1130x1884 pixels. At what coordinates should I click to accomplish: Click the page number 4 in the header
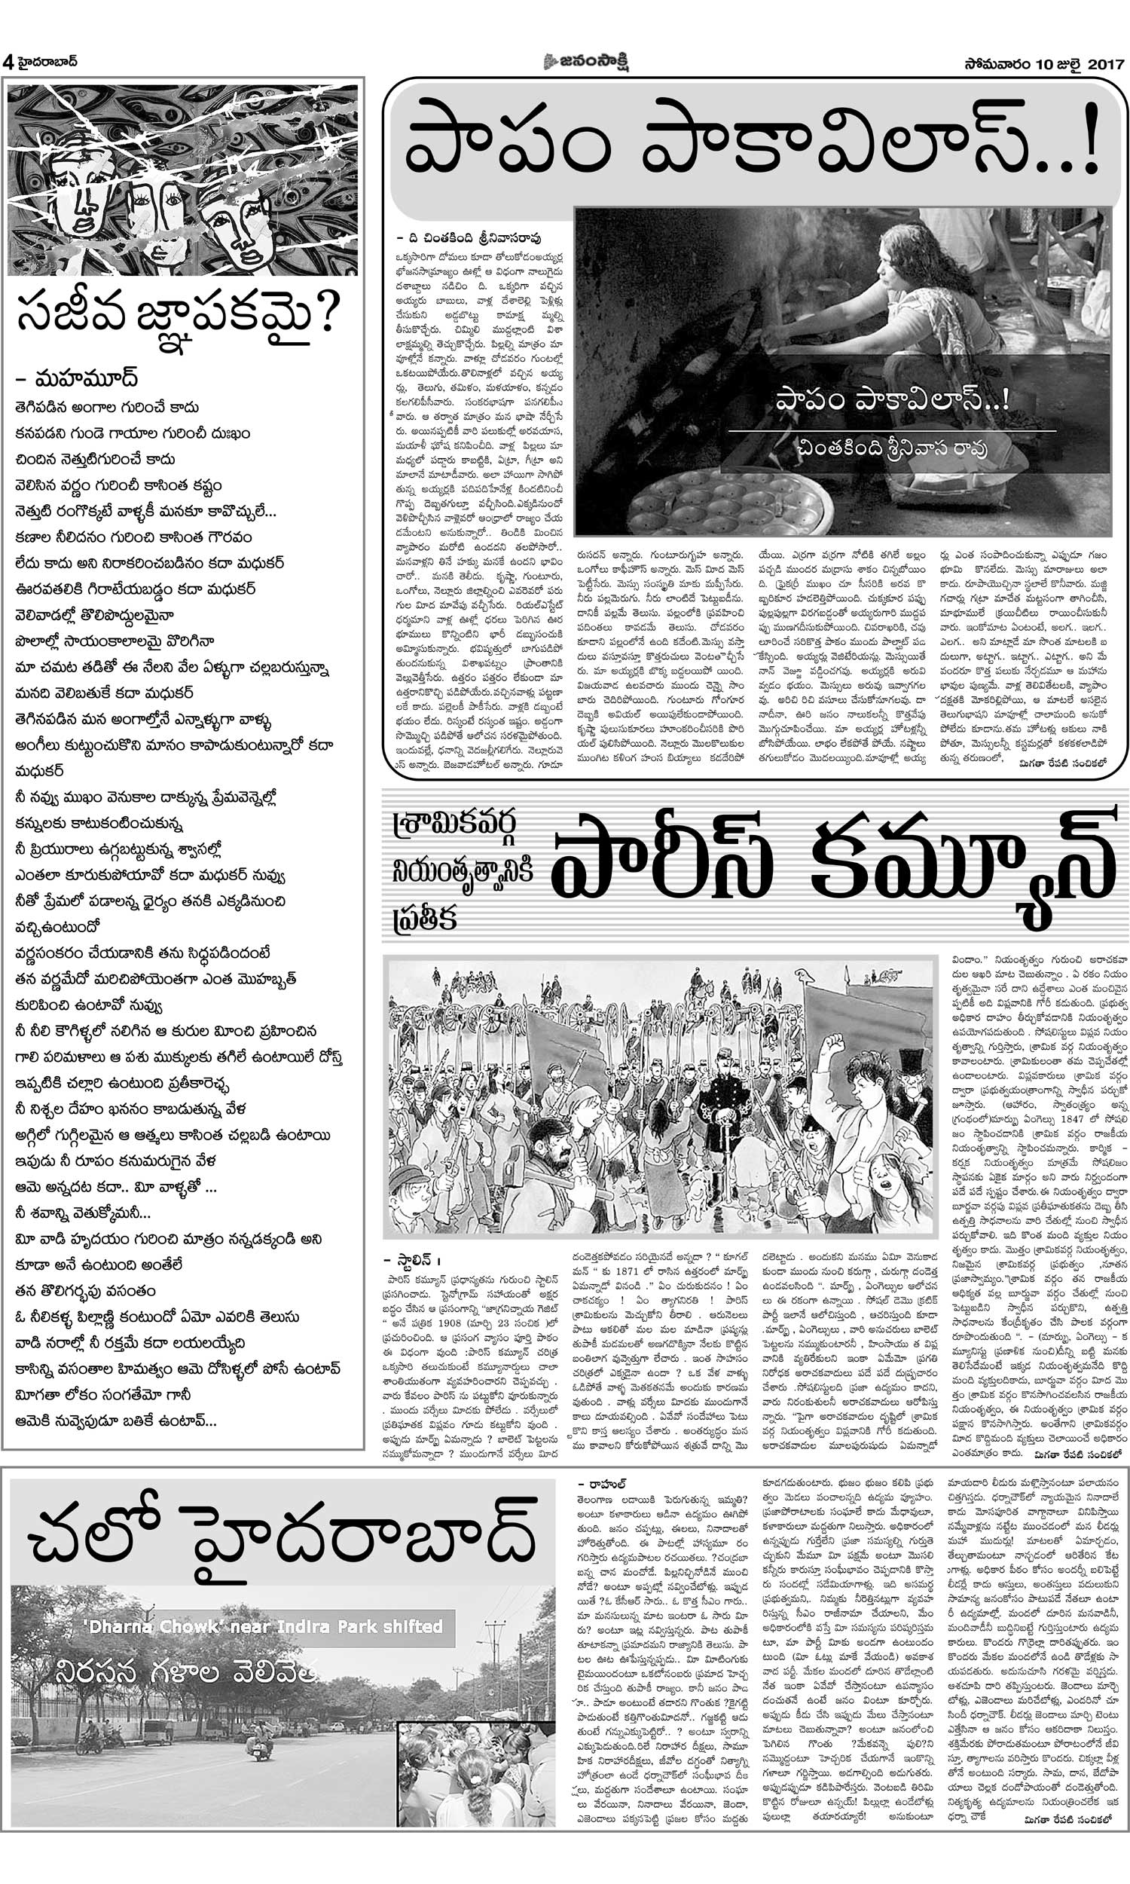[x=8, y=63]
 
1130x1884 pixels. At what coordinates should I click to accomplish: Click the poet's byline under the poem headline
[x=76, y=378]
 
